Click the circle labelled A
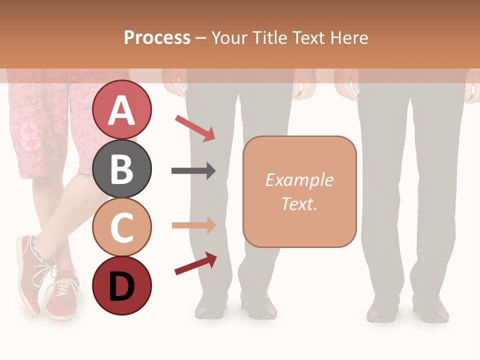[x=121, y=109]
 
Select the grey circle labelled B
[x=121, y=168]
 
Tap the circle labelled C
[x=121, y=227]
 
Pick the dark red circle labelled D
[x=121, y=286]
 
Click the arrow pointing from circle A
[x=195, y=128]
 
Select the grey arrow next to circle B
[x=193, y=171]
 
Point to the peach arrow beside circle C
[x=193, y=225]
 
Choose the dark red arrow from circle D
[x=195, y=263]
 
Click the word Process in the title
[x=157, y=37]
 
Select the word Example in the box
[x=299, y=180]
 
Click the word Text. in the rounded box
[x=299, y=203]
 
